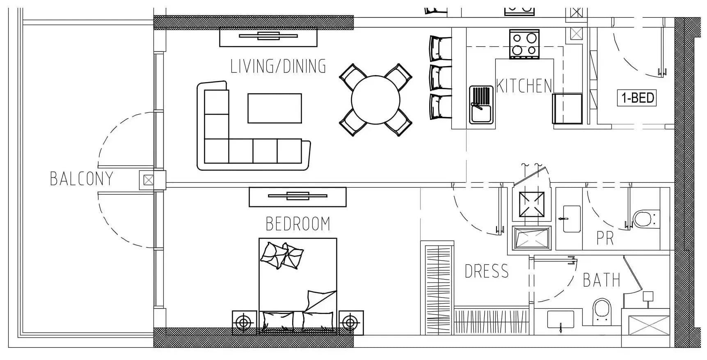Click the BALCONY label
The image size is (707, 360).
click(x=81, y=179)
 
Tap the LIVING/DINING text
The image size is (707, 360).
click(x=278, y=66)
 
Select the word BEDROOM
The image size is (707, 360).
click(x=298, y=224)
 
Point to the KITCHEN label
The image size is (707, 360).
click(x=524, y=86)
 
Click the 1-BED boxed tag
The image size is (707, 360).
click(x=637, y=98)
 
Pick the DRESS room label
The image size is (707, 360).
click(x=487, y=271)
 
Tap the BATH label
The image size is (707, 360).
click(x=602, y=280)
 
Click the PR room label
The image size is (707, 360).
click(x=605, y=238)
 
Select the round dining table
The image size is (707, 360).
click(x=375, y=100)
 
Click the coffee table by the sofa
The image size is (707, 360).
click(x=275, y=108)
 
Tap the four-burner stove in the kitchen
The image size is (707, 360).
click(x=524, y=44)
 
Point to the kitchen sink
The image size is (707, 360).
click(x=481, y=105)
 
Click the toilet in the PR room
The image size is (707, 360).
click(x=646, y=219)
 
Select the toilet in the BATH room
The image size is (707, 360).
click(x=602, y=312)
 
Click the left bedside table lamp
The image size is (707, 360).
click(x=244, y=323)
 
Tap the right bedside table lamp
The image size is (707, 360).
click(x=350, y=323)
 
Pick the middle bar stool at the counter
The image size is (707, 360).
click(x=440, y=78)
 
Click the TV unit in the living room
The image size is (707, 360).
click(x=268, y=37)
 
